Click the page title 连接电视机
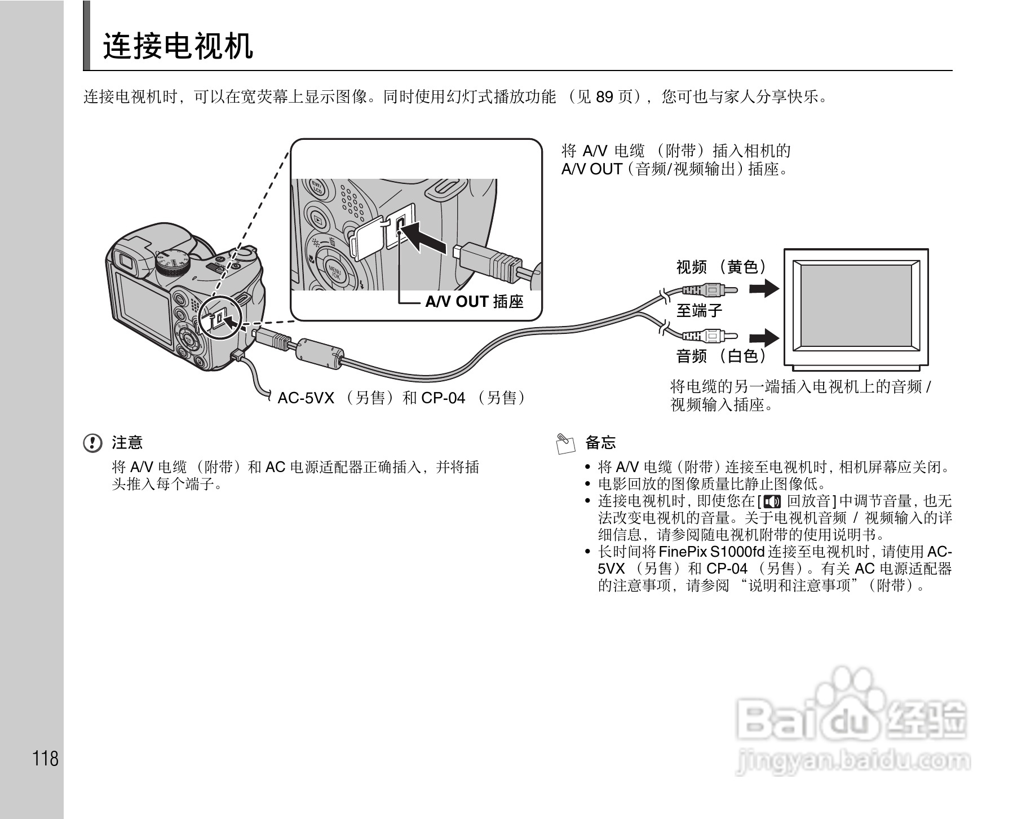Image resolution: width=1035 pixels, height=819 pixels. (178, 46)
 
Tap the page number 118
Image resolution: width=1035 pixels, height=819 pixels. (46, 759)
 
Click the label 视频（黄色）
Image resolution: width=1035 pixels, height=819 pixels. (722, 267)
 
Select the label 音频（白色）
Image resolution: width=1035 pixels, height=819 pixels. (722, 356)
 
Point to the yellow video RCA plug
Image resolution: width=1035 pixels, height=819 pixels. (709, 290)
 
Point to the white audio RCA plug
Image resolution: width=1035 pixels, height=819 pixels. (709, 337)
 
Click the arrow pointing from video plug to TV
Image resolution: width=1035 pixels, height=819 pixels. (764, 289)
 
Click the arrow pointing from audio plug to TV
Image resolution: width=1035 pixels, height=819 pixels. (764, 338)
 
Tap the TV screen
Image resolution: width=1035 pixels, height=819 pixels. (856, 307)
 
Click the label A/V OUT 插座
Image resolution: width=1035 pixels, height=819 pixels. (474, 302)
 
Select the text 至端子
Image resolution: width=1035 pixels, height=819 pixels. (700, 310)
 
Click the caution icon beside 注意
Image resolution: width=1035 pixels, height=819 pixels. (93, 443)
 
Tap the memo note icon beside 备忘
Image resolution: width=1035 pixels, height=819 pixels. (565, 443)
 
